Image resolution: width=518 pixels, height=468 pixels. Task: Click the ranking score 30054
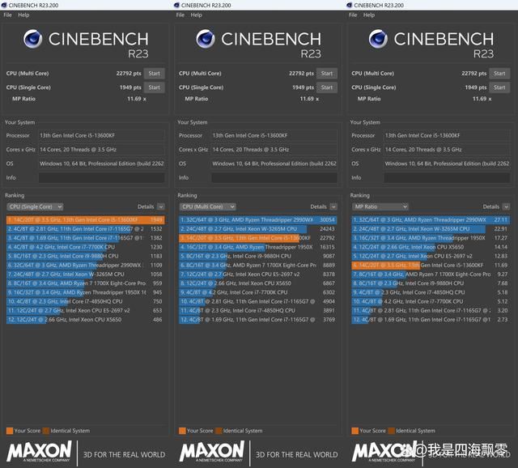click(x=327, y=219)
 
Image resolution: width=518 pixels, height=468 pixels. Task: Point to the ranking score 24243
click(x=327, y=229)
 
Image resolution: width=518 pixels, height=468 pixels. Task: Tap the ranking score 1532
click(x=156, y=229)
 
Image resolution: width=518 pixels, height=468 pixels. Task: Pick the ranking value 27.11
click(x=501, y=219)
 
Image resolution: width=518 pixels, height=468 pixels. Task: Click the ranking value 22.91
click(x=501, y=229)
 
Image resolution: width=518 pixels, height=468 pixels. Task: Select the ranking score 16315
click(x=327, y=247)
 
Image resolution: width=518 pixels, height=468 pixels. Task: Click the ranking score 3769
click(x=329, y=320)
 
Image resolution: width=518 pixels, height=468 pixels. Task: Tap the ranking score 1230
click(x=156, y=247)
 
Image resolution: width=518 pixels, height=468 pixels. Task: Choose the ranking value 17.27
click(x=501, y=238)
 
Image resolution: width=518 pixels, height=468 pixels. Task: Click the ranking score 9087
click(x=329, y=256)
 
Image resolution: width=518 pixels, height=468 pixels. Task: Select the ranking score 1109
click(x=156, y=266)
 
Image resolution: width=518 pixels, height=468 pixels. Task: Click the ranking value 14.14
click(x=501, y=247)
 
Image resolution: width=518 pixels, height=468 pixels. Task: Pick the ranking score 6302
click(x=329, y=292)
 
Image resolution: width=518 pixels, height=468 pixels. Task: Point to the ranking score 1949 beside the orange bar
click(x=156, y=219)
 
